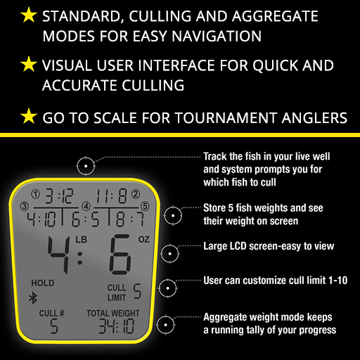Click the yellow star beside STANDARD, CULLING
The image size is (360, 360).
tap(29, 15)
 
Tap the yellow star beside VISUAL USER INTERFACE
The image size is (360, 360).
tap(29, 64)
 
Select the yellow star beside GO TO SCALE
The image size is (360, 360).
tap(29, 116)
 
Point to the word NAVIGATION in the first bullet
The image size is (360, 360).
tap(217, 36)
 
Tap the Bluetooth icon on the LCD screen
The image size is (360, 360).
tap(33, 298)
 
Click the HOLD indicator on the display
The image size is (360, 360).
tap(43, 283)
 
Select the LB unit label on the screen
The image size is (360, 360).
tap(82, 240)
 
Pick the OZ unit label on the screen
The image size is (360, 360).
tap(144, 239)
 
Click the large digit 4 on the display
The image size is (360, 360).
tap(58, 254)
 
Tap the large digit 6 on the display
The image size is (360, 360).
tap(120, 255)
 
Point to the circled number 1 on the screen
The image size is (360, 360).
tap(35, 194)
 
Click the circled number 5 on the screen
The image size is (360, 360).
tap(145, 206)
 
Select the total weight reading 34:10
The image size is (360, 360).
tap(117, 326)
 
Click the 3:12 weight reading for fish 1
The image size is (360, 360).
tap(59, 196)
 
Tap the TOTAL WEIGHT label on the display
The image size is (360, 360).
tap(113, 313)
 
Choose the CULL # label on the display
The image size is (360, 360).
tap(51, 313)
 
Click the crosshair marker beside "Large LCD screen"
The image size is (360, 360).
tap(170, 254)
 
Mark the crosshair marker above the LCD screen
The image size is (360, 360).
tap(86, 166)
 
